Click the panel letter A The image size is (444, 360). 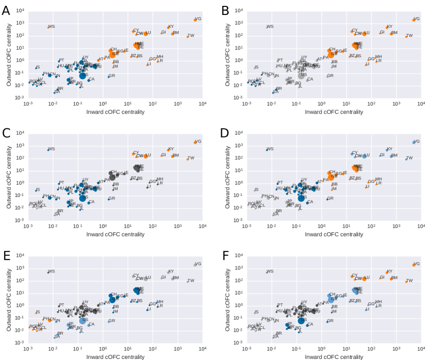coord(6,10)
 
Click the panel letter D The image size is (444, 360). coord(225,132)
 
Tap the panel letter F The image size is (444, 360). coord(225,255)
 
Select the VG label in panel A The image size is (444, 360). coord(198,19)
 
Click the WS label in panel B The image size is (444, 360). coord(270,26)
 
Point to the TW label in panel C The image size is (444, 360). coord(191,158)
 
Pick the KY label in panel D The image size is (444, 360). coord(390,149)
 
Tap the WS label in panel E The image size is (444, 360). coord(51,271)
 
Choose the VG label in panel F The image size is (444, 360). coord(417,263)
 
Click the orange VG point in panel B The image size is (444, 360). coord(414,20)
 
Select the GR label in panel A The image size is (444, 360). coord(112,76)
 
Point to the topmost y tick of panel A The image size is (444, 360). coord(19,11)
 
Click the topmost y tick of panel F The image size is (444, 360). coord(238,255)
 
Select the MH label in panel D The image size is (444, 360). coord(378,179)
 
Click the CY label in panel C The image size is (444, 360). coord(136,152)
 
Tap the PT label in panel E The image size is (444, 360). coord(61,305)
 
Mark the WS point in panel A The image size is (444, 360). coord(48,27)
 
